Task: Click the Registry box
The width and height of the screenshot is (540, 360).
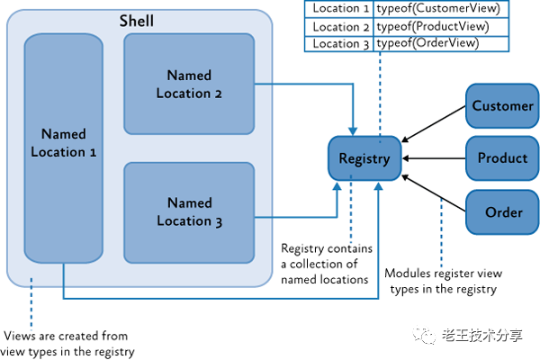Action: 364,159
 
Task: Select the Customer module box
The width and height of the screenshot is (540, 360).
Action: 502,106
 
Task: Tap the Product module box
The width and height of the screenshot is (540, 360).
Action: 502,158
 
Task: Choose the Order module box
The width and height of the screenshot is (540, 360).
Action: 502,211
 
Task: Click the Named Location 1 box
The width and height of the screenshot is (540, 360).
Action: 64,144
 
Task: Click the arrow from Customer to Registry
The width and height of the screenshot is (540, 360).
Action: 434,127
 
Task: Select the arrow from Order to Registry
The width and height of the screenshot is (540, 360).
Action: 434,192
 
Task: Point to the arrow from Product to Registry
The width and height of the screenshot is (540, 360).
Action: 434,159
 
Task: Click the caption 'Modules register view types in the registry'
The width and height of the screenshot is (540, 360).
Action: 440,280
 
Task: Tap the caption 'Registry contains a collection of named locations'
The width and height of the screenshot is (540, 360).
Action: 327,264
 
